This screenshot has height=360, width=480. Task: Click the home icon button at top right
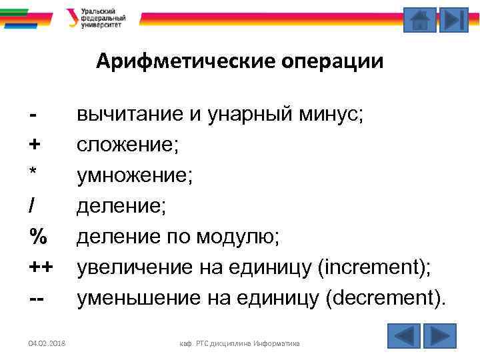tap(420, 19)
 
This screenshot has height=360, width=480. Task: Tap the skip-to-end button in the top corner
tap(455, 19)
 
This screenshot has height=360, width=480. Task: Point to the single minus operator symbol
tap(32, 115)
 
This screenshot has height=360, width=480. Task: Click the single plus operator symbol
tap(34, 143)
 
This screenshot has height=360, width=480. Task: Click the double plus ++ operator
tap(41, 267)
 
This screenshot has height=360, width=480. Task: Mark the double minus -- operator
tap(37, 297)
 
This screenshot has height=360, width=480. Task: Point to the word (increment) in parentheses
tap(375, 267)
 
